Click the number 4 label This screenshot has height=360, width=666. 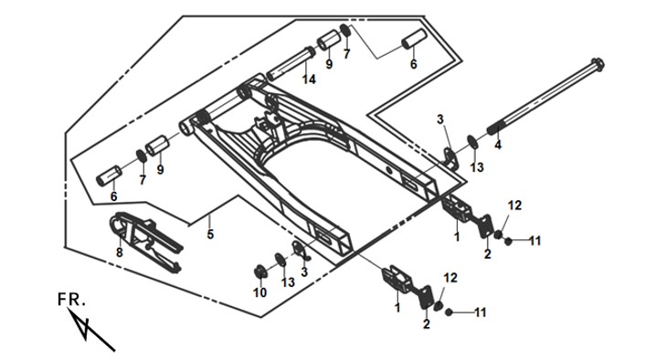click(x=497, y=145)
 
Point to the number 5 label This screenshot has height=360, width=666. click(x=210, y=234)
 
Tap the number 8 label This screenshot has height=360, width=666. click(x=120, y=252)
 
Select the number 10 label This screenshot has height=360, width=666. click(x=260, y=292)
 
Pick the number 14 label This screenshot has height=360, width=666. click(x=309, y=79)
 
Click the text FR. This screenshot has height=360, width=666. click(x=71, y=300)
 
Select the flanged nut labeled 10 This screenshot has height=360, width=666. click(x=259, y=271)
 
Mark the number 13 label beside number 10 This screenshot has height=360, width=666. click(x=288, y=281)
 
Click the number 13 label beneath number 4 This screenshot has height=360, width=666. click(x=477, y=167)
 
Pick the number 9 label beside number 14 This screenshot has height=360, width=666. click(x=329, y=65)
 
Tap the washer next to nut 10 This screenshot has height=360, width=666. click(x=280, y=259)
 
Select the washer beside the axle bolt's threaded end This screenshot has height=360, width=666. click(x=472, y=143)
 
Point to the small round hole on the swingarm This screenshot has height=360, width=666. click(x=388, y=170)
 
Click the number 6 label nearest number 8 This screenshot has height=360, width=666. click(x=113, y=196)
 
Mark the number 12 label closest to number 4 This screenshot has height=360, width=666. click(x=514, y=206)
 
